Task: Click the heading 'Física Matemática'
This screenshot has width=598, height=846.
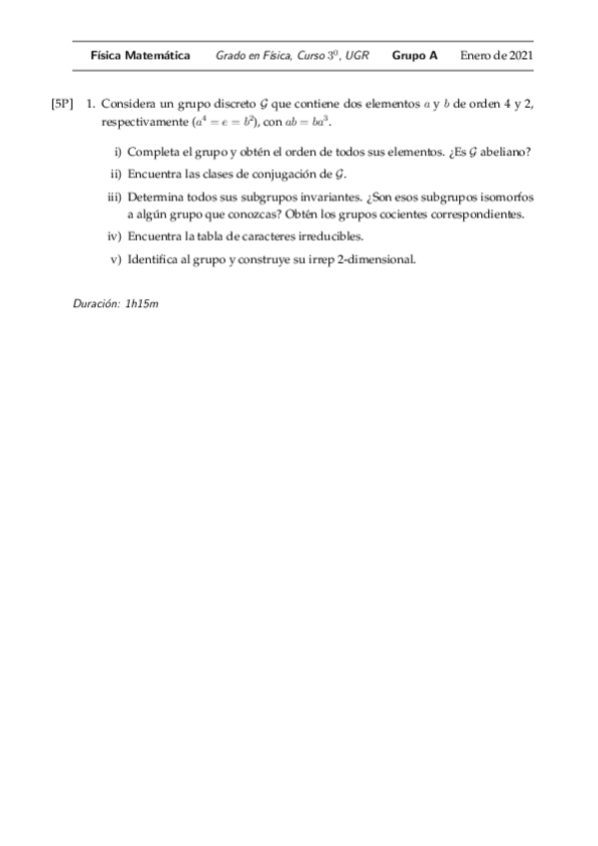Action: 140,56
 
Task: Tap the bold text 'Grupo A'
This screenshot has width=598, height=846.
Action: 414,56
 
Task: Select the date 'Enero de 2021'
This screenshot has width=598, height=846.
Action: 496,56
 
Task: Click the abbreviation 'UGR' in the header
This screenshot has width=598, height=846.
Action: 356,56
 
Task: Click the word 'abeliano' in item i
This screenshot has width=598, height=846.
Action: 504,152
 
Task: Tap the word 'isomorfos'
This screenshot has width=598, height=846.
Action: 505,197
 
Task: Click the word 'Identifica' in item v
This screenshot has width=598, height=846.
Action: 155,260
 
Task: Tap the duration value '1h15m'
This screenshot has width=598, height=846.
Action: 142,302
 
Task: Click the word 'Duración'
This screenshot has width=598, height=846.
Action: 96,302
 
